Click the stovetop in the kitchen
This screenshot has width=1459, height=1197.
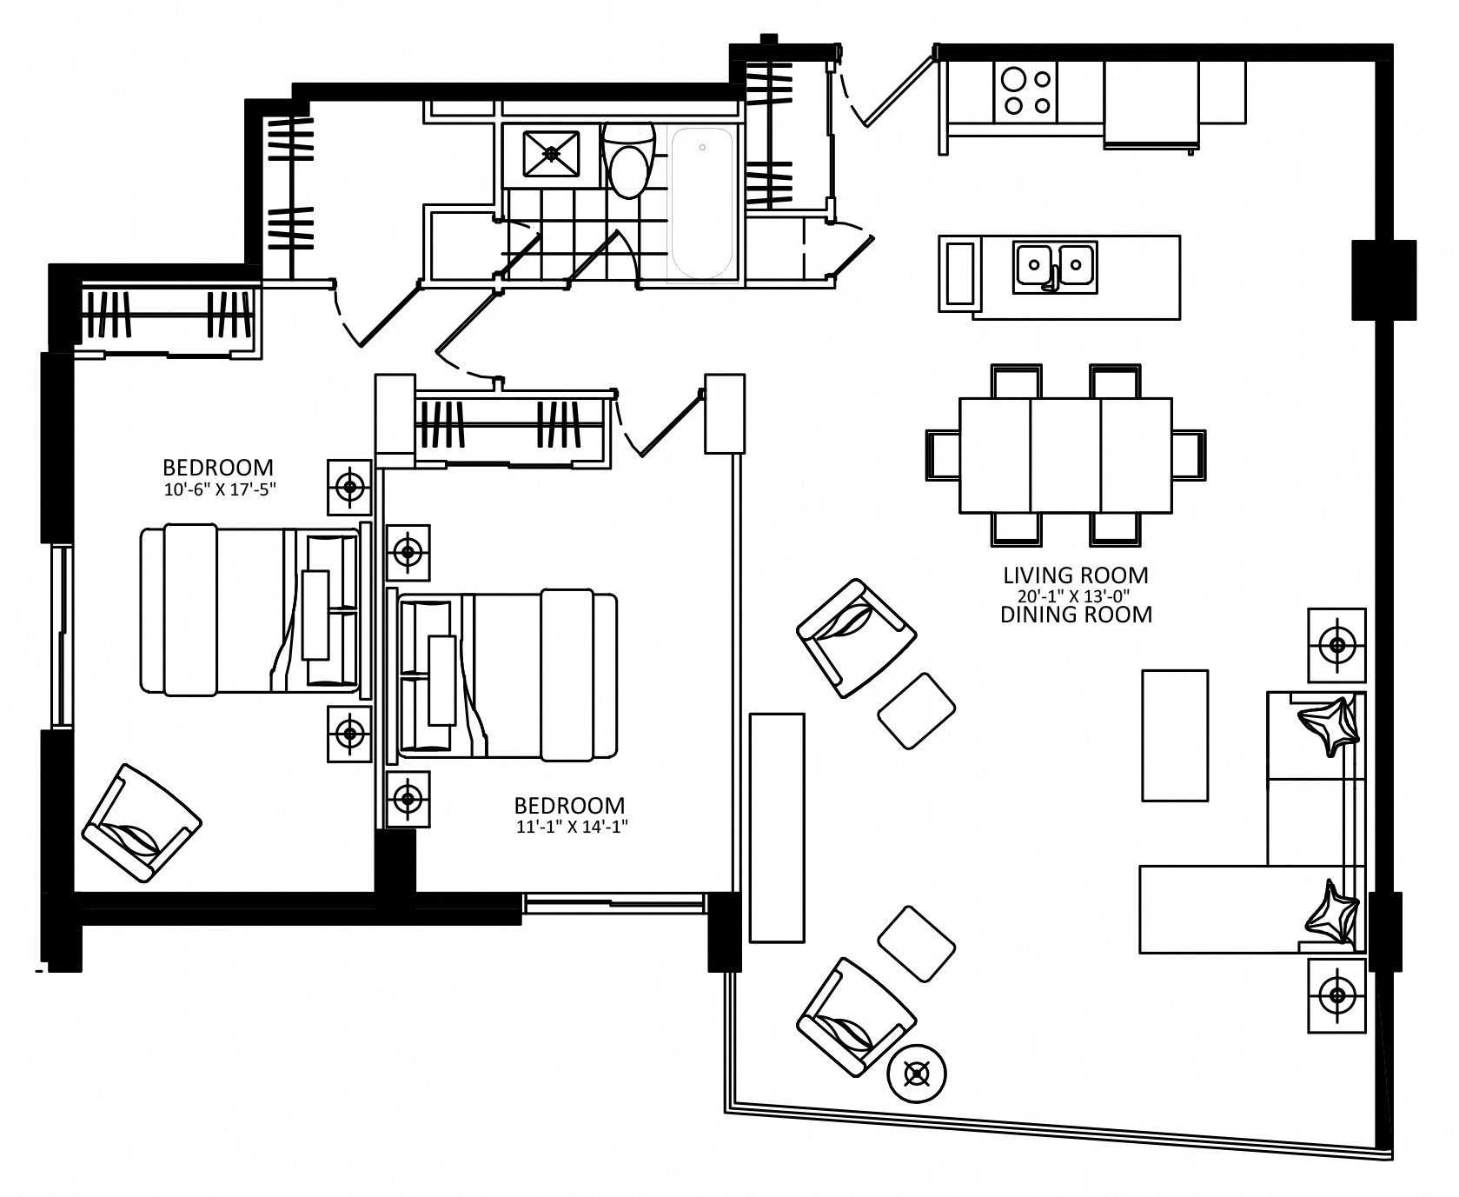pyautogui.click(x=1025, y=92)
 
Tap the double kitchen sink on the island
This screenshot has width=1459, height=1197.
pyautogui.click(x=1054, y=265)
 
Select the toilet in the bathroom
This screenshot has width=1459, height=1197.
pyautogui.click(x=628, y=161)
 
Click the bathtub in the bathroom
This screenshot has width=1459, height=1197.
pyautogui.click(x=700, y=203)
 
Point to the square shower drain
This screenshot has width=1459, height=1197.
pyautogui.click(x=551, y=153)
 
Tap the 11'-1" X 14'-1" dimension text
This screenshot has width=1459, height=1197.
pyautogui.click(x=571, y=827)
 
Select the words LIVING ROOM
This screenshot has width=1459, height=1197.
pyautogui.click(x=1076, y=575)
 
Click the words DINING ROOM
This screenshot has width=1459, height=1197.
pyautogui.click(x=1076, y=615)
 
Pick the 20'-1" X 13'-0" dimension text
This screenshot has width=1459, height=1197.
pyautogui.click(x=1076, y=595)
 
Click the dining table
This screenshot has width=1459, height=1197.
pyautogui.click(x=1065, y=455)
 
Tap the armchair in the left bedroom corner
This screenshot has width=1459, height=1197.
pyautogui.click(x=142, y=823)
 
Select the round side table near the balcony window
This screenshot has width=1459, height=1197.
pyautogui.click(x=917, y=1075)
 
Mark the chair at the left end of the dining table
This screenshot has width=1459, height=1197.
pyautogui.click(x=943, y=455)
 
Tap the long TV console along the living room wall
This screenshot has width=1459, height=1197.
pyautogui.click(x=777, y=828)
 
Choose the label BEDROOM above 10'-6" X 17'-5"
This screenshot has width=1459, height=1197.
pyautogui.click(x=218, y=468)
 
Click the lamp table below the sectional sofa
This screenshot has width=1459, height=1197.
pyautogui.click(x=1337, y=994)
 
